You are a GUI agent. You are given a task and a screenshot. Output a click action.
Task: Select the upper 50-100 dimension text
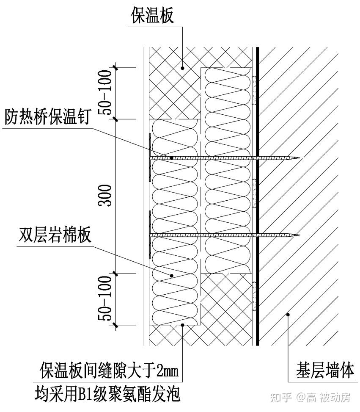(x=106, y=93)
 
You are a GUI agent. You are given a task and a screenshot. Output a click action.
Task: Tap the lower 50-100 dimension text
(x=106, y=299)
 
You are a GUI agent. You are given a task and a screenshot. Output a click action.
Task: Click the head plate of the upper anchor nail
(x=149, y=158)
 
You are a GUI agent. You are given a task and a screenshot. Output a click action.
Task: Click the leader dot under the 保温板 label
(x=182, y=67)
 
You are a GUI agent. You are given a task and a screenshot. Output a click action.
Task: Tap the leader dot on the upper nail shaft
(x=172, y=158)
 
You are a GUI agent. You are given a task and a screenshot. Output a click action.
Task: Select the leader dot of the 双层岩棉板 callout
(x=172, y=276)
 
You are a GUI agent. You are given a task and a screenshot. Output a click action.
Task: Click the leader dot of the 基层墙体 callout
(x=288, y=314)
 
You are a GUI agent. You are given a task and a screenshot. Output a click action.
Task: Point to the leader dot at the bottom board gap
(x=182, y=325)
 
